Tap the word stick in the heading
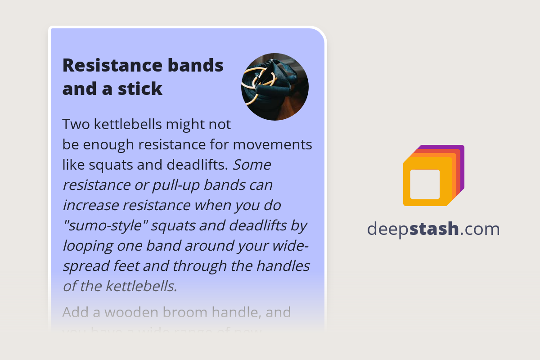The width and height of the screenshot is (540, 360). (x=140, y=89)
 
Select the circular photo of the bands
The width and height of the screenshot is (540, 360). (x=275, y=87)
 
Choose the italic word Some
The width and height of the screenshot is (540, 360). (x=252, y=165)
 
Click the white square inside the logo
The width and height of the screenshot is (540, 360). (x=425, y=184)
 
